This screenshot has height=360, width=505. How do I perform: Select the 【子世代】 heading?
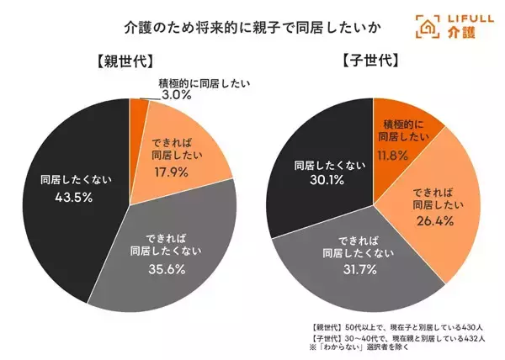tap(371, 61)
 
